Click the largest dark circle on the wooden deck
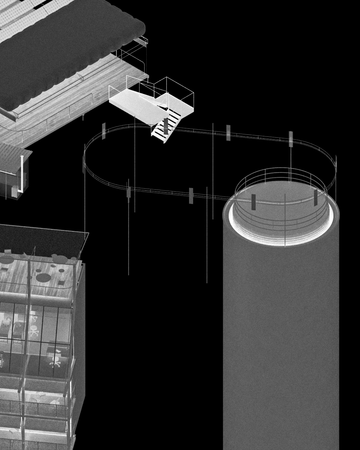43,277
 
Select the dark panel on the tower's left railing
253,202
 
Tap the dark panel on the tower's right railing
316,197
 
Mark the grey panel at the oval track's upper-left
104,130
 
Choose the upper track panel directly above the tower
291,139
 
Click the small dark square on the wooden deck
61,283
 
